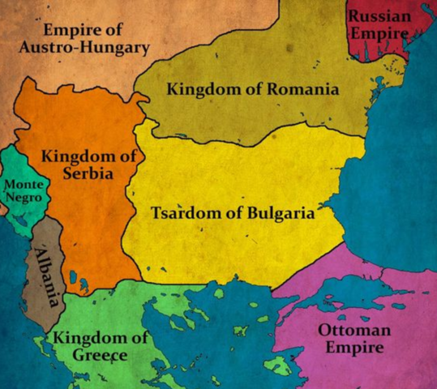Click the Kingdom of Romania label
(x=253, y=88)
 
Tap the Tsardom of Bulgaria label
(x=233, y=214)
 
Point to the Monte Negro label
(x=24, y=191)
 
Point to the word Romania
(x=297, y=88)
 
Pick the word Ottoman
(x=354, y=330)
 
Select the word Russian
(x=382, y=16)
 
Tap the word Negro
(x=24, y=199)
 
